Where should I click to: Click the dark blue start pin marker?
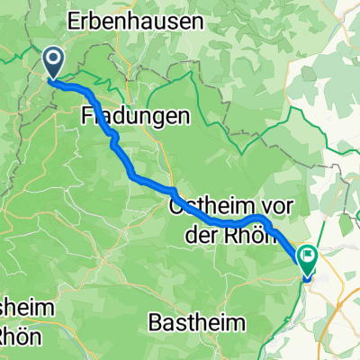(x=53, y=63)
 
